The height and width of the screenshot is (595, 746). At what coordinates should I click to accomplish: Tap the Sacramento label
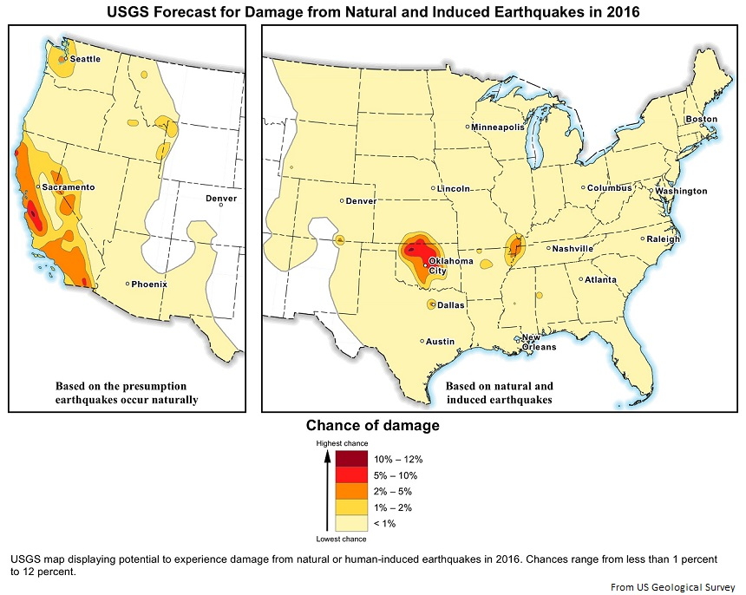point(68,187)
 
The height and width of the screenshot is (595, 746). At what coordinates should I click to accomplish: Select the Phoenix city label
point(149,284)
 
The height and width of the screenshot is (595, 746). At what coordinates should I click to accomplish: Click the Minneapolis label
point(498,127)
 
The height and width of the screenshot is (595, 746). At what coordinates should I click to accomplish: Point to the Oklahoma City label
point(450,265)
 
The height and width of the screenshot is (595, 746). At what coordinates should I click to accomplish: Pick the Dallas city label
point(451,305)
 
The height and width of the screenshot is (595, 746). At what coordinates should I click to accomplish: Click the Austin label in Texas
point(440,342)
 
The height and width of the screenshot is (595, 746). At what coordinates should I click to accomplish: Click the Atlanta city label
point(600,280)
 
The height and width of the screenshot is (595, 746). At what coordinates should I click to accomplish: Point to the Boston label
point(702,119)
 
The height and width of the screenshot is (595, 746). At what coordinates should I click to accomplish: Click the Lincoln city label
point(455,188)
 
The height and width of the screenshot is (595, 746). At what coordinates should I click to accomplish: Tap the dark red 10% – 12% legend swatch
point(351,460)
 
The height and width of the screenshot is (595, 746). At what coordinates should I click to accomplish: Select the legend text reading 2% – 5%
point(393,491)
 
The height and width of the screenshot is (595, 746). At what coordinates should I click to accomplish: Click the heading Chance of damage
point(372,426)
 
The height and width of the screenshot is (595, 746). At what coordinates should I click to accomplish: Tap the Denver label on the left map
point(220,199)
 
